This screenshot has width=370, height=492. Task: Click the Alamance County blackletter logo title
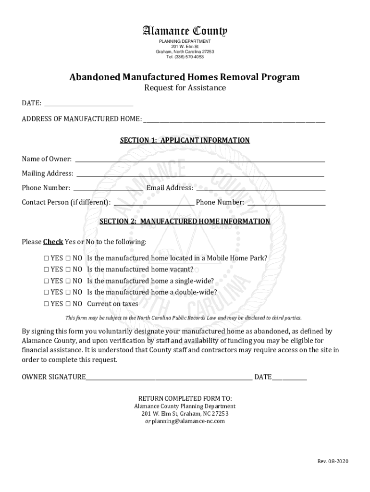(x=185, y=32)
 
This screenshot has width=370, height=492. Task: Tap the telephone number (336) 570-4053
(x=185, y=57)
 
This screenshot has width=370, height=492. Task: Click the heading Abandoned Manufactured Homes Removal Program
(x=185, y=77)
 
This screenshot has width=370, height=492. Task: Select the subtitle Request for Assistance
(x=185, y=88)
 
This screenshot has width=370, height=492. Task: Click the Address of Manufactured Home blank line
(x=234, y=119)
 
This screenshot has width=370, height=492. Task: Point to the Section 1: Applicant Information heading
(x=185, y=140)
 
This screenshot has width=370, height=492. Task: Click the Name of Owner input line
(x=200, y=160)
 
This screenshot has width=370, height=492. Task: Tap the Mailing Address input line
(x=200, y=174)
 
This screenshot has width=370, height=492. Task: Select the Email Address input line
(x=260, y=188)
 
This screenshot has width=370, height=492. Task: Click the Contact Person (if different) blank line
(x=153, y=203)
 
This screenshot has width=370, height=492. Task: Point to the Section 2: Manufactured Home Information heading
(x=185, y=221)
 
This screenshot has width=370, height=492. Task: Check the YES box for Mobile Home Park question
(x=46, y=258)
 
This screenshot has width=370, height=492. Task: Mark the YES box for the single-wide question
(x=46, y=281)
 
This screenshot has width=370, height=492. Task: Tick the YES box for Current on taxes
(x=46, y=304)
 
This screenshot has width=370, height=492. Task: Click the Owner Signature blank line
(x=169, y=378)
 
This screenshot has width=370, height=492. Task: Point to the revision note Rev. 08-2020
(x=333, y=462)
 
